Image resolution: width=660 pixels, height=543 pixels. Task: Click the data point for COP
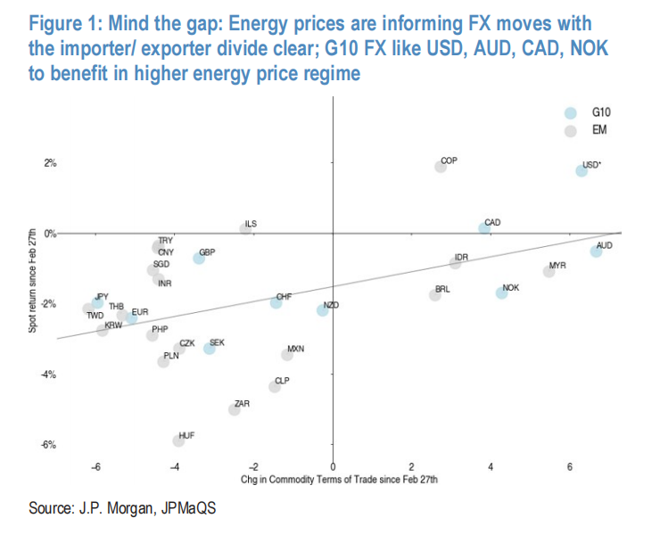pyautogui.click(x=441, y=167)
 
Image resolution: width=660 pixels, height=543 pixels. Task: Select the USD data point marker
pyautogui.click(x=582, y=171)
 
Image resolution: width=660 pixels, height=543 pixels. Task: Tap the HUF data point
pyautogui.click(x=178, y=440)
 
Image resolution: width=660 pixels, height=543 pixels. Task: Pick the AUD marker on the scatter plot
pyautogui.click(x=596, y=251)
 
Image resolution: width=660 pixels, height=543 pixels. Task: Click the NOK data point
pyautogui.click(x=501, y=292)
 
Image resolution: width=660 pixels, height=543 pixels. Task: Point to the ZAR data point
pyautogui.click(x=235, y=409)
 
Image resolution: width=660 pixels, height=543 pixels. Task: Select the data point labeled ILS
pyautogui.click(x=245, y=229)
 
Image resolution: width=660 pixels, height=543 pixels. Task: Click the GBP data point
pyautogui.click(x=199, y=258)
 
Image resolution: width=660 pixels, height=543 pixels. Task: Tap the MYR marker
pyautogui.click(x=549, y=271)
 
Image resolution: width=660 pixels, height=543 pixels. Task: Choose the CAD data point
pyautogui.click(x=484, y=228)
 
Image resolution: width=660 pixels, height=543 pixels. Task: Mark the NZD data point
pyautogui.click(x=322, y=310)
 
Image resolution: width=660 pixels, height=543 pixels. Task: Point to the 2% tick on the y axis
pyautogui.click(x=50, y=163)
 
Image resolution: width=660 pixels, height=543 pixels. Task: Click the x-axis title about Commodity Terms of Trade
pyautogui.click(x=338, y=481)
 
